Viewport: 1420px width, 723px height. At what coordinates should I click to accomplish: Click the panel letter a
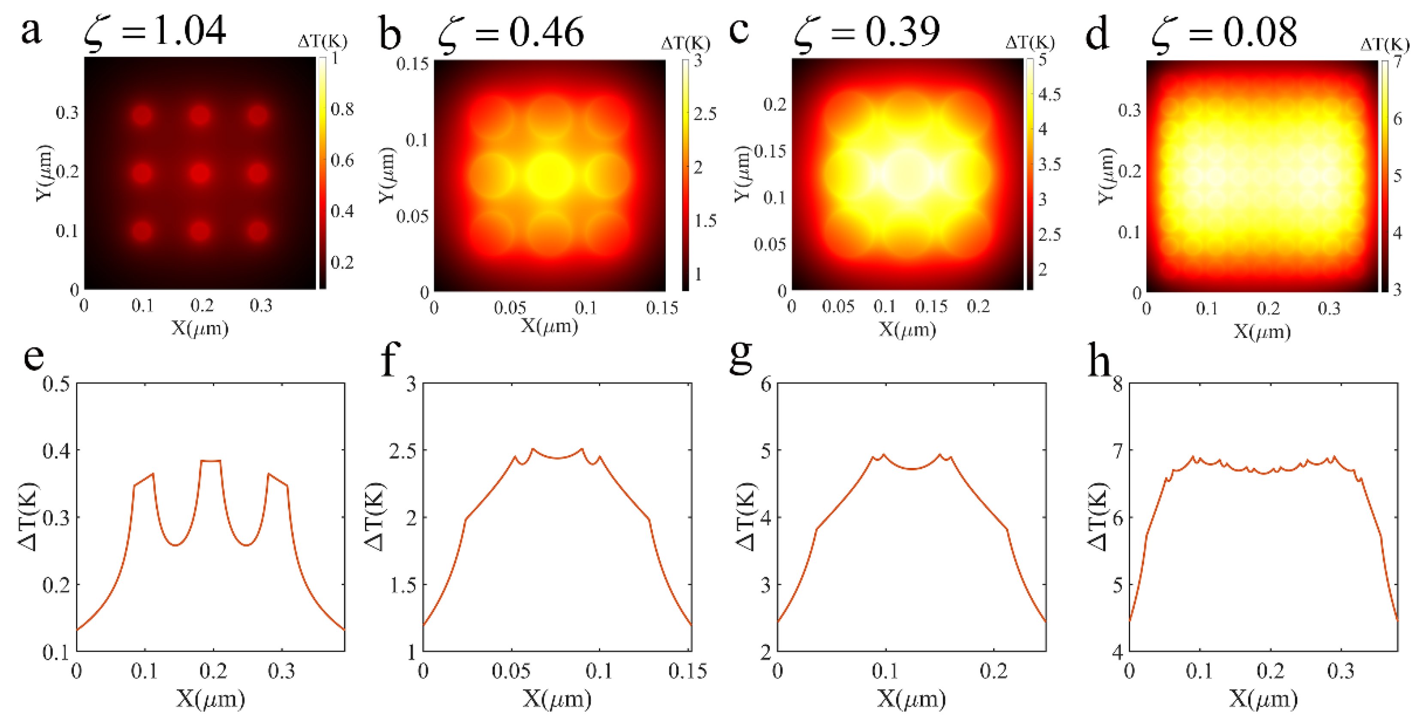[31, 31]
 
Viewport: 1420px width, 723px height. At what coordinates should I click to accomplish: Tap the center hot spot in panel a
[200, 173]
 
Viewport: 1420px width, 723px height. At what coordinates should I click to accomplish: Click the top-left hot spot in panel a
[142, 115]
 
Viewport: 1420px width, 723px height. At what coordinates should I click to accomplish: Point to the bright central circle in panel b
[550, 175]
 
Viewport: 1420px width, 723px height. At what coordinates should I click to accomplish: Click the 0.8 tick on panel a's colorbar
[342, 109]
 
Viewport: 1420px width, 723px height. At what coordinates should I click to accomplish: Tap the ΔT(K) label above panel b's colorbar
[685, 43]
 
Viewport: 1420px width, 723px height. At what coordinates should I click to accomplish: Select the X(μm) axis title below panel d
[1262, 331]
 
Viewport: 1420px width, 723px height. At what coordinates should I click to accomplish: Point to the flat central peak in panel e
[211, 461]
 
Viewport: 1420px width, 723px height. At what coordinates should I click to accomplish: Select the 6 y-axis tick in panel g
[766, 384]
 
